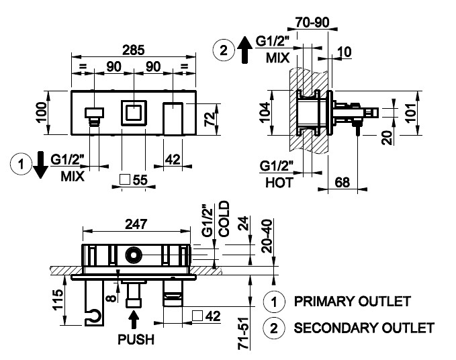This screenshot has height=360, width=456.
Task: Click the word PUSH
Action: (135, 339)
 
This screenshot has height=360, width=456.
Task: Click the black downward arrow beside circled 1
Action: (40, 165)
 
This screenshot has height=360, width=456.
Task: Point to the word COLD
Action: (224, 217)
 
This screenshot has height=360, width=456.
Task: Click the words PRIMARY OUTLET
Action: (351, 301)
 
